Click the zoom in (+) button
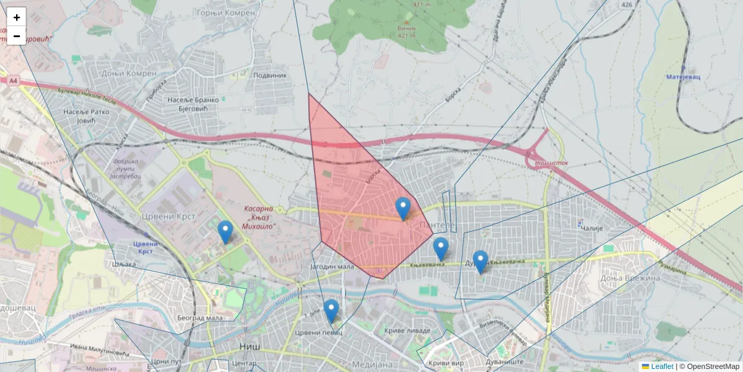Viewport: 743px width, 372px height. [16, 17]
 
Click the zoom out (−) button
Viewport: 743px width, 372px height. [16, 36]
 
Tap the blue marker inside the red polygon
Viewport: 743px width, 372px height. [403, 209]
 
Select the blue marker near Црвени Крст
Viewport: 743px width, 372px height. [225, 232]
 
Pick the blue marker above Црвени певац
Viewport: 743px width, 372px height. [331, 311]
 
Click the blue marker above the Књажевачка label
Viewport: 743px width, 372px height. [440, 249]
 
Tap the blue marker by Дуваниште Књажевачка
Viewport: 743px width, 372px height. [480, 262]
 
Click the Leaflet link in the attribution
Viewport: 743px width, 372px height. [662, 366]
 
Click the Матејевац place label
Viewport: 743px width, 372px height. [683, 77]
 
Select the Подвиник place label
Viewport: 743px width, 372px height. [271, 75]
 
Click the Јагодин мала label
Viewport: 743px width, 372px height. [331, 267]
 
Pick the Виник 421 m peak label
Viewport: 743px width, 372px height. [407, 32]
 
